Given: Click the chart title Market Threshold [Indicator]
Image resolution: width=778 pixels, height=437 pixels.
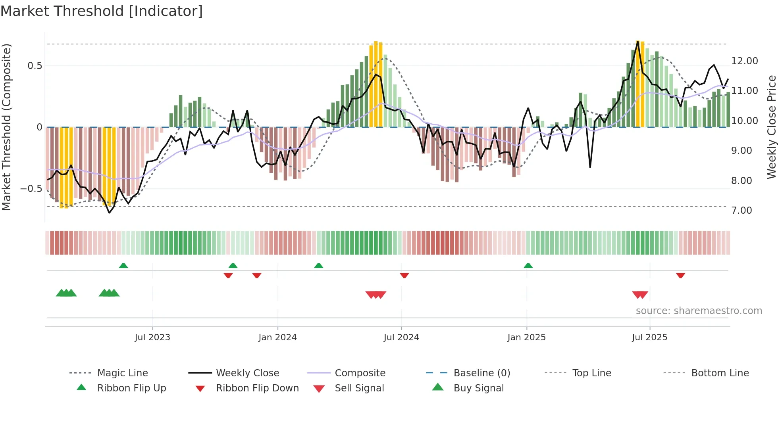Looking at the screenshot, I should [x=102, y=11].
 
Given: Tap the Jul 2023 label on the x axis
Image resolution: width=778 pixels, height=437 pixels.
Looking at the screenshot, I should [x=152, y=337].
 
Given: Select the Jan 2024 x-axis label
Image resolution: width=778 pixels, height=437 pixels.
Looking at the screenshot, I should [x=277, y=337].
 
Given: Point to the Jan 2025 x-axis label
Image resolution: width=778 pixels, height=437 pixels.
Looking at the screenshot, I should [x=526, y=337].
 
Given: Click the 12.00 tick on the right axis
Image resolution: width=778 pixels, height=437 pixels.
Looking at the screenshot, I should [x=744, y=61].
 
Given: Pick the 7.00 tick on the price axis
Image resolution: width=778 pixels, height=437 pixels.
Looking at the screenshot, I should [x=741, y=211].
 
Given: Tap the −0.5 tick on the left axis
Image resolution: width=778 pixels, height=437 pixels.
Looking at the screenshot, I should [x=31, y=189].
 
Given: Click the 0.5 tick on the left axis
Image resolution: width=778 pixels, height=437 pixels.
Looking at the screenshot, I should [x=35, y=66].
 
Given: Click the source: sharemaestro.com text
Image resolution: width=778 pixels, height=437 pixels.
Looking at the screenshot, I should [x=699, y=311].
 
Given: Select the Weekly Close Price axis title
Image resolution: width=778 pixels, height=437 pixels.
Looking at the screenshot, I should [x=771, y=127].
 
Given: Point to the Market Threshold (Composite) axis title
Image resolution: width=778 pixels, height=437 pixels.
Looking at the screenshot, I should [x=6, y=127].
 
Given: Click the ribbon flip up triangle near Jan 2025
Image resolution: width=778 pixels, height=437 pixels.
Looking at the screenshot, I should [x=528, y=266].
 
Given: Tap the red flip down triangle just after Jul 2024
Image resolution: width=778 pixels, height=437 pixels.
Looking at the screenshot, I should [x=404, y=275].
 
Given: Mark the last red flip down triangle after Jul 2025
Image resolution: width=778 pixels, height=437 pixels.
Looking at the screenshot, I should [x=680, y=275].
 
